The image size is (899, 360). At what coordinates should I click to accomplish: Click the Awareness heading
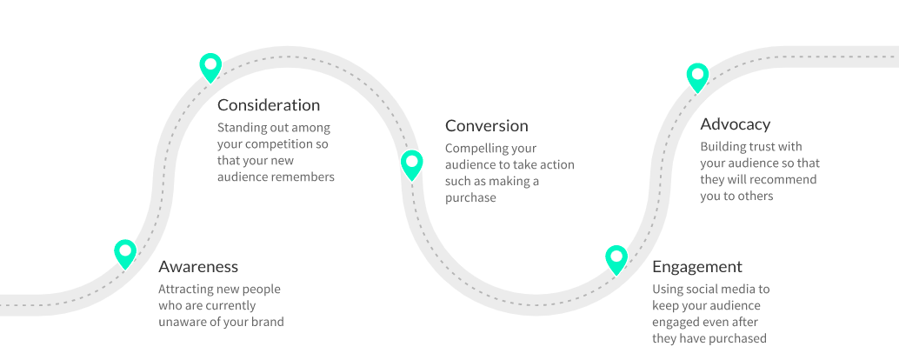pos(198,267)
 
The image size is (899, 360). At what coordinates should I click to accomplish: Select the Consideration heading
pos(269,105)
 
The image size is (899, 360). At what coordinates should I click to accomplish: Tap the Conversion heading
pos(487,125)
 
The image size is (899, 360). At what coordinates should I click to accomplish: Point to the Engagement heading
pos(697,267)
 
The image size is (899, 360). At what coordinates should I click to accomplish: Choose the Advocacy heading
pos(735,124)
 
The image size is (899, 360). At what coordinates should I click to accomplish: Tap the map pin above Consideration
pos(210,68)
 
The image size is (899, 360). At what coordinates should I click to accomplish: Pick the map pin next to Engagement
pos(616,260)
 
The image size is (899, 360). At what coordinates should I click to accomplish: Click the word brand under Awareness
pos(268,322)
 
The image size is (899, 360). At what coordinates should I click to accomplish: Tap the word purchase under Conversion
pos(470,197)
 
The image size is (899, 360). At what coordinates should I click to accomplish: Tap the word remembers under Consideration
pos(303,177)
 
